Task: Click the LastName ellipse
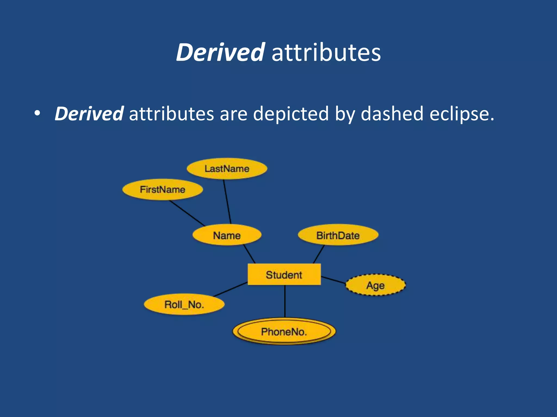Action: coord(227,169)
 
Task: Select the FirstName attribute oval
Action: coord(162,189)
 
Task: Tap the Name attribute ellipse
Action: coord(227,235)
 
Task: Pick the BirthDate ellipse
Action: coord(338,235)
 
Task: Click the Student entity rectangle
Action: coord(284,274)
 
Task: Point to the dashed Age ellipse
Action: coord(375,285)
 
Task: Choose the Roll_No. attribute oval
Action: coord(184,304)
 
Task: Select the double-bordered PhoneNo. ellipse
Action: coord(284,331)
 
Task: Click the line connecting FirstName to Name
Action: coord(187,213)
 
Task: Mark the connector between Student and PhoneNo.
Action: coord(285,301)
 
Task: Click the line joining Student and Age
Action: coord(333,280)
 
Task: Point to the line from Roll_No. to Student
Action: coord(231,289)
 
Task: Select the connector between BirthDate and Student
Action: coord(319,254)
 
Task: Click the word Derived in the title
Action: coord(220,52)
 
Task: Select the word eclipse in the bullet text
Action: coord(462,114)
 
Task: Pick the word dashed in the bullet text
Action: coord(392,114)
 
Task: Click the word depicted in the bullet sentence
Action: coord(291,114)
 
